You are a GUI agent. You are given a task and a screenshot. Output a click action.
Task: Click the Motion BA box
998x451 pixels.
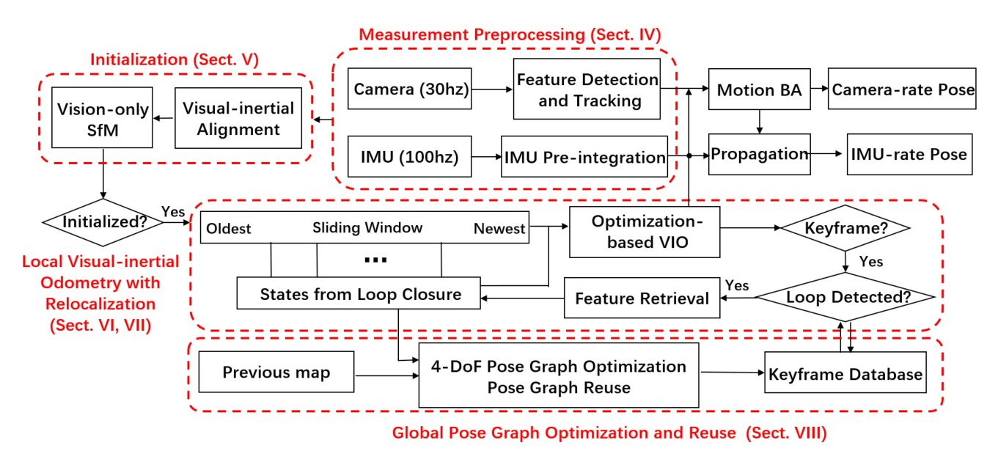point(759,89)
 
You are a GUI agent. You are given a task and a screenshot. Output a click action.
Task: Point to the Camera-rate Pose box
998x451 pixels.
point(903,89)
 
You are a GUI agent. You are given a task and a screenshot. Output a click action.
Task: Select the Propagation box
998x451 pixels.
point(759,154)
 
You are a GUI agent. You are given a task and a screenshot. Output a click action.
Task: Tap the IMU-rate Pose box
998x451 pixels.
point(909,154)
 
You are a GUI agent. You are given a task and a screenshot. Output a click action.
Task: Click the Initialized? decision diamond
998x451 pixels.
point(103,222)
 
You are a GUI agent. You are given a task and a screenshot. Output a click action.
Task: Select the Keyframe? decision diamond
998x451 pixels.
point(846,228)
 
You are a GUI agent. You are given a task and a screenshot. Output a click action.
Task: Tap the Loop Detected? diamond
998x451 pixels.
point(845,297)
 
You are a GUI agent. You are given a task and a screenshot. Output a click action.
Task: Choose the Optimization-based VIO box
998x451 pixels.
point(645,231)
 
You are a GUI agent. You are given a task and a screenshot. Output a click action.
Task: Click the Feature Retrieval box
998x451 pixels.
point(642,298)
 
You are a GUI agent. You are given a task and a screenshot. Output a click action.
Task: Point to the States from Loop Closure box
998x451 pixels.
point(359,293)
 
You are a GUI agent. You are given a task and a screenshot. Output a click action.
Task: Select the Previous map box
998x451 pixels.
point(276,372)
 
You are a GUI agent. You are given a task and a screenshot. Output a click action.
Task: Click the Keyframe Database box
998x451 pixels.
point(845,374)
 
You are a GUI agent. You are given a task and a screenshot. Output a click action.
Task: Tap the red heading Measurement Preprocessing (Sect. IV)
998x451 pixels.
point(510,34)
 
